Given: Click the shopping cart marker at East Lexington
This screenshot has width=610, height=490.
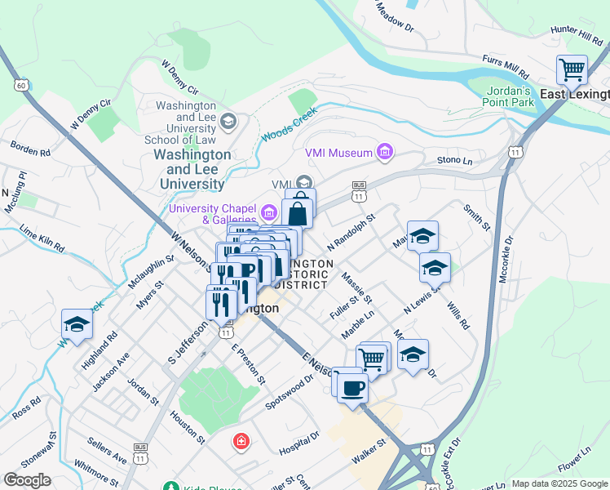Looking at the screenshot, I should (572, 69).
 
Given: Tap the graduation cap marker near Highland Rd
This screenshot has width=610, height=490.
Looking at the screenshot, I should (77, 324).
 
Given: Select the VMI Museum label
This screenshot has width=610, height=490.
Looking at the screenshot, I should (338, 152).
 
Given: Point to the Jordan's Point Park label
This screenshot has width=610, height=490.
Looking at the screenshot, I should (511, 96).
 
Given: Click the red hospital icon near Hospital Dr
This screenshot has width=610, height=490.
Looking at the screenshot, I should (241, 442).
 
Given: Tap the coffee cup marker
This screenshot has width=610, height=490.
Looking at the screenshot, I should (352, 388).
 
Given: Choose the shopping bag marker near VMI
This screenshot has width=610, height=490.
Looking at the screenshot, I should (298, 213).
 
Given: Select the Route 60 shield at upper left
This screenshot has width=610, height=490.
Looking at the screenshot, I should (20, 85).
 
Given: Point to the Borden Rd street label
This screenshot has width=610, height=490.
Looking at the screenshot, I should (30, 149).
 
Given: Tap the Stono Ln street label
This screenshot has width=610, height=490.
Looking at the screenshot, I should (454, 161).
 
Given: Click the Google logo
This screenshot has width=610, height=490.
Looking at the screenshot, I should (27, 479).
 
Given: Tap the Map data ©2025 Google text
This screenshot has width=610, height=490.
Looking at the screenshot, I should (559, 483).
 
